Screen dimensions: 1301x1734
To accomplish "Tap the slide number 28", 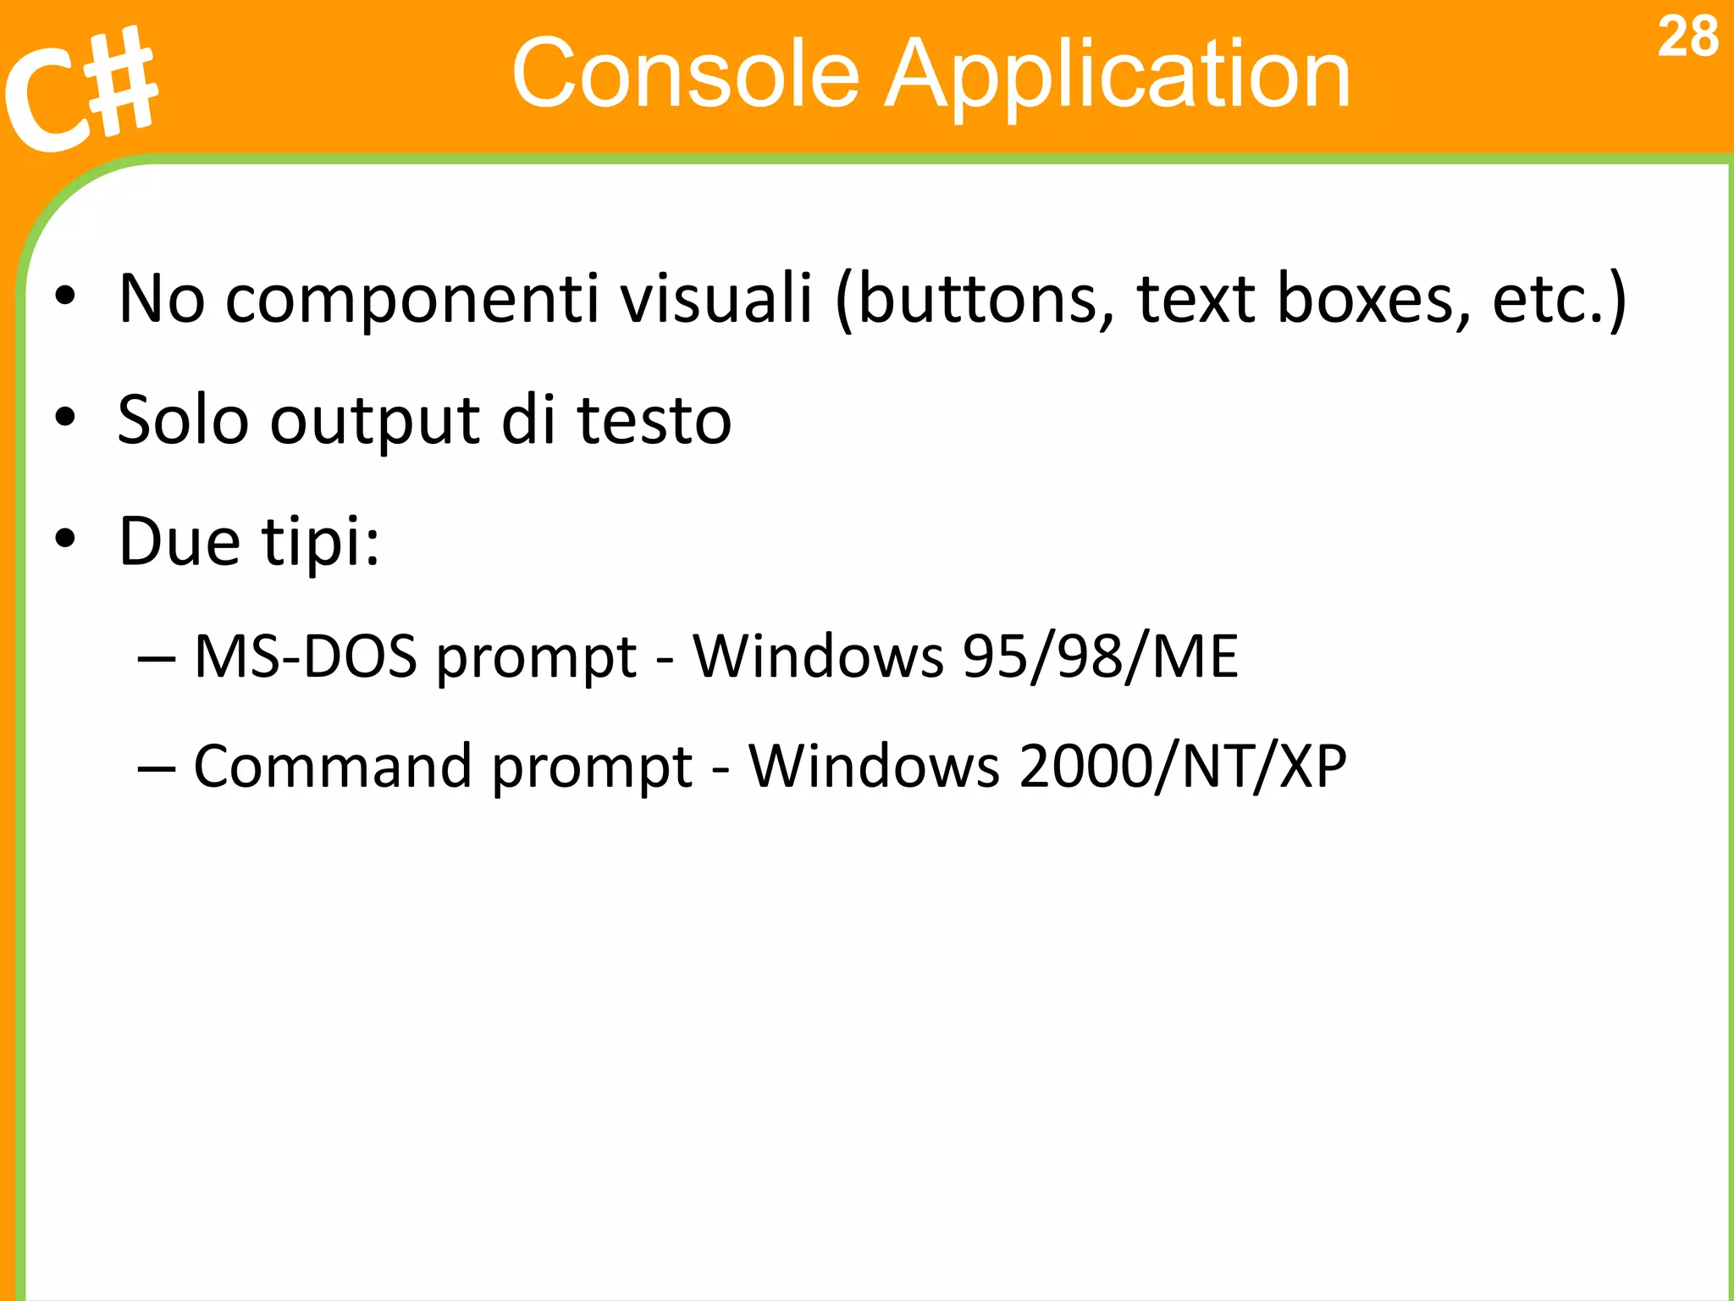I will point(1687,37).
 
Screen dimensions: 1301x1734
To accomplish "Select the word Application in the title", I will point(1117,76).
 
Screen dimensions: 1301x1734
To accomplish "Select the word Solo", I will point(183,420).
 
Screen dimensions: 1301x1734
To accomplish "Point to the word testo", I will point(654,420).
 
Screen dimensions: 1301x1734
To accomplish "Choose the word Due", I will point(179,541).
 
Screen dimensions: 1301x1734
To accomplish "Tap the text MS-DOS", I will point(306,656).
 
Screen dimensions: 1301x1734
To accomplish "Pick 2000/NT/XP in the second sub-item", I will point(1182,767).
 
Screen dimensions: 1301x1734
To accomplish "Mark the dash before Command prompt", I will point(157,767).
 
